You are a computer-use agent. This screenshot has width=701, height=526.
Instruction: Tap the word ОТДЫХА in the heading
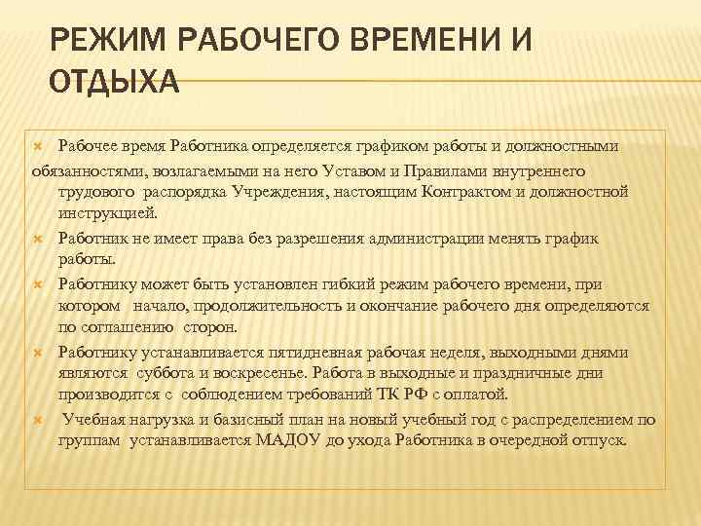pyautogui.click(x=113, y=83)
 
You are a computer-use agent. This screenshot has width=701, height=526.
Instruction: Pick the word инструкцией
pyautogui.click(x=106, y=213)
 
